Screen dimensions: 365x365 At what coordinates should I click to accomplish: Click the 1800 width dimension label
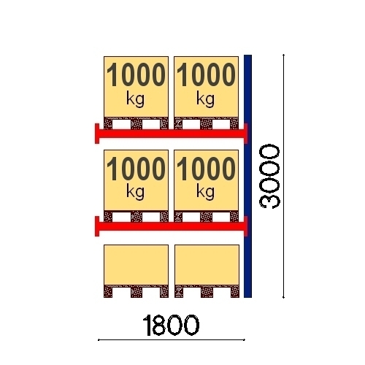pyautogui.click(x=171, y=325)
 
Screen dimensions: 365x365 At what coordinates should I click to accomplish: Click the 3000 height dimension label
pyautogui.click(x=270, y=177)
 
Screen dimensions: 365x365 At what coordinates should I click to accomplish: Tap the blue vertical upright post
pyautogui.click(x=247, y=176)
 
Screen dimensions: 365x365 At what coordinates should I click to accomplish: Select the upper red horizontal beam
pyautogui.click(x=171, y=134)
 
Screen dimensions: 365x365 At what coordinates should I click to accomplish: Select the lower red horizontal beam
pyautogui.click(x=171, y=226)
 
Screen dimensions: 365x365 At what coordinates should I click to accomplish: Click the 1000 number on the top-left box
pyautogui.click(x=136, y=74)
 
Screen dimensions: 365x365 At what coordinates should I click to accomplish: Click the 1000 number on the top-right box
pyautogui.click(x=206, y=74)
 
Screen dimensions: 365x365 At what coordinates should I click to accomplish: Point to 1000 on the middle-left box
pyautogui.click(x=136, y=169)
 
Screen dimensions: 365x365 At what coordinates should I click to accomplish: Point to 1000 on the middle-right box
pyautogui.click(x=206, y=169)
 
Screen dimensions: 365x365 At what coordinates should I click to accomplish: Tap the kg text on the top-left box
pyautogui.click(x=135, y=99)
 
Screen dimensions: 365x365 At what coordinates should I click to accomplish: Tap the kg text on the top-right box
pyautogui.click(x=205, y=99)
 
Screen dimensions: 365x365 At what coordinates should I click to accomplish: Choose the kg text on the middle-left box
pyautogui.click(x=135, y=192)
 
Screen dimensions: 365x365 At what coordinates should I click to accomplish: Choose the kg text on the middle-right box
pyautogui.click(x=205, y=192)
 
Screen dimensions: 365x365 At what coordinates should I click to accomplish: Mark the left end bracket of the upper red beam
pyautogui.click(x=97, y=134)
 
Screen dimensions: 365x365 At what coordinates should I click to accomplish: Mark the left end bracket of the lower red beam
pyautogui.click(x=97, y=226)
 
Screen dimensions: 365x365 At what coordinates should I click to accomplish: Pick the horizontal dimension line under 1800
pyautogui.click(x=172, y=340)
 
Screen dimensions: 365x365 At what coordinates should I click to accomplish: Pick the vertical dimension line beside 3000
pyautogui.click(x=283, y=176)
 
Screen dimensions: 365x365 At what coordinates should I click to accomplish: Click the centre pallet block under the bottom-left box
pyautogui.click(x=137, y=292)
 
